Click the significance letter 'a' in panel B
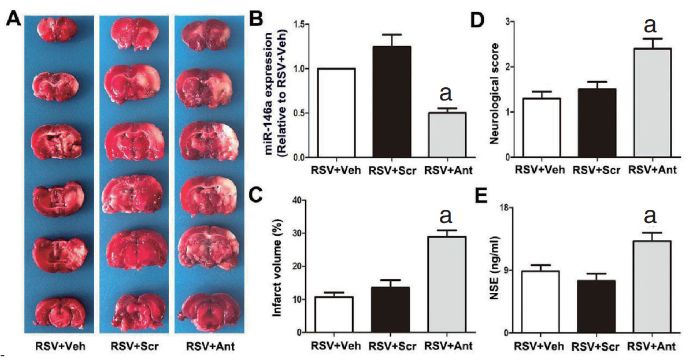446,94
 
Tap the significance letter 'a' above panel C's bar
446,216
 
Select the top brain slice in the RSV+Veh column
55,29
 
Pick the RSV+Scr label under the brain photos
133,347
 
